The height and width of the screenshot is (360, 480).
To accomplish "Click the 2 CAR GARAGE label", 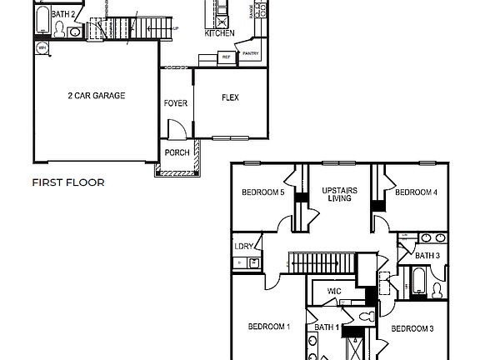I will click(96, 96).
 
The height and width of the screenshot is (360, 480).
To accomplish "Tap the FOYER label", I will click(176, 104).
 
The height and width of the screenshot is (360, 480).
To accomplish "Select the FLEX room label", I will click(230, 97).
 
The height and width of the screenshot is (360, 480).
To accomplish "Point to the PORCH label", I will click(176, 152).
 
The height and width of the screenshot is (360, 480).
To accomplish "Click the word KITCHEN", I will click(219, 33).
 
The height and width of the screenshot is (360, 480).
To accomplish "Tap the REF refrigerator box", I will click(226, 57).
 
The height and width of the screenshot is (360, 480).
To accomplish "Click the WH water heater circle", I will click(42, 48).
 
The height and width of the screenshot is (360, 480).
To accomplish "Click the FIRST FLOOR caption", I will click(68, 182).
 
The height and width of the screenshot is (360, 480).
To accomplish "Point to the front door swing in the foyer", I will click(177, 128).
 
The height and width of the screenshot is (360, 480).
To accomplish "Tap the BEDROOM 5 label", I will click(262, 192).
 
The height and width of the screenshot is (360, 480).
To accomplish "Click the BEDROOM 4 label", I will click(416, 192).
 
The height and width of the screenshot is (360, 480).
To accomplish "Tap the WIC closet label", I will click(334, 291).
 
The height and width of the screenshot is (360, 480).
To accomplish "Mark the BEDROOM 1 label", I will click(269, 326).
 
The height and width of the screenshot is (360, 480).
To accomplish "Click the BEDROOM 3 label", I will click(412, 328).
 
